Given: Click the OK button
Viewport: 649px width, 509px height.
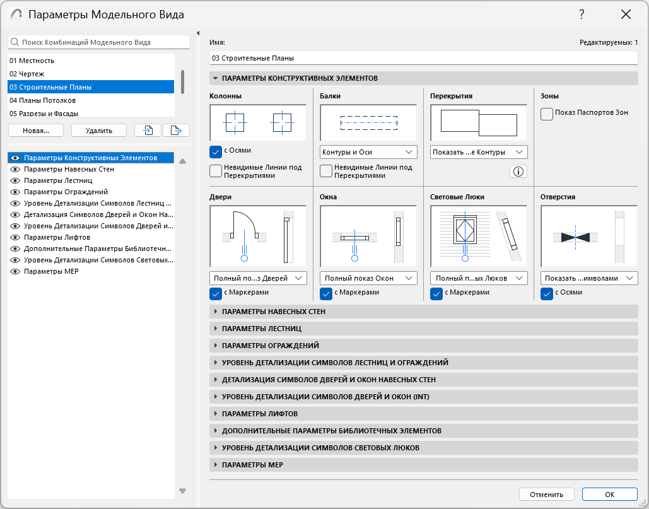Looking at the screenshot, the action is [x=609, y=494].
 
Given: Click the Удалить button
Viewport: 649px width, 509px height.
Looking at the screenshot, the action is [x=99, y=131].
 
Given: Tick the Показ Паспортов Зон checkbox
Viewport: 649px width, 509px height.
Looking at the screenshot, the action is [x=547, y=114].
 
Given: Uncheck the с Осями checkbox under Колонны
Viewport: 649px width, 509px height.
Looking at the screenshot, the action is [x=216, y=152].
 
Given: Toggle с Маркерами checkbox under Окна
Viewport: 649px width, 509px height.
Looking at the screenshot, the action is [x=326, y=294].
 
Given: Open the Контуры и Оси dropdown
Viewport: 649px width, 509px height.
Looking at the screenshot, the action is [x=368, y=152].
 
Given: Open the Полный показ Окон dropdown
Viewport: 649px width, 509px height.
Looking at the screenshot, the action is [x=368, y=278].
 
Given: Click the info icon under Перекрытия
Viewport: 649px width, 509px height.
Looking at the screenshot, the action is [x=518, y=172].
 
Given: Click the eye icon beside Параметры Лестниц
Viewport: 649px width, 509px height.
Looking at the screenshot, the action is [x=15, y=180].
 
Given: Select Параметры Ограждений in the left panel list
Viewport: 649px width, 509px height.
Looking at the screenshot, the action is [x=66, y=192].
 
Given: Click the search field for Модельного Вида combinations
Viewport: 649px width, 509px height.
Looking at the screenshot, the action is [x=99, y=42].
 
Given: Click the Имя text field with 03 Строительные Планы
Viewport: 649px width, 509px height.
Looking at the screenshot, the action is [x=423, y=58].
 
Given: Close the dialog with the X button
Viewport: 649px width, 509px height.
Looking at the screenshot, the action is [x=626, y=15].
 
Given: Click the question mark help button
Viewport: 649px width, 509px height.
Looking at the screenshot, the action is [x=582, y=15].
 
